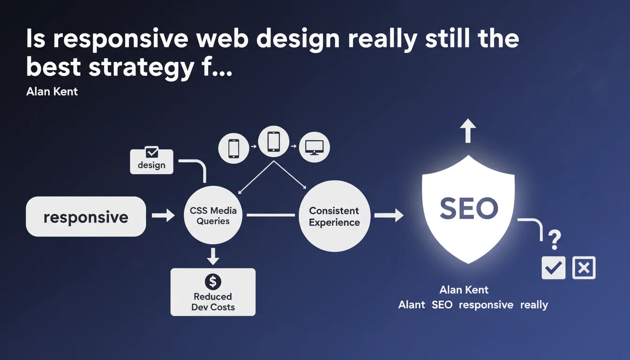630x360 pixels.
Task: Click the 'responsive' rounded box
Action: click(86, 216)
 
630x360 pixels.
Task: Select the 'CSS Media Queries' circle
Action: click(213, 215)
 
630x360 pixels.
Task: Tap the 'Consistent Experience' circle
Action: click(334, 216)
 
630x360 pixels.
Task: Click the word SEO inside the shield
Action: click(469, 209)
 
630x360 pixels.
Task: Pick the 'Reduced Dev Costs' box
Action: click(213, 292)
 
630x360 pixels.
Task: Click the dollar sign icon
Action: click(213, 282)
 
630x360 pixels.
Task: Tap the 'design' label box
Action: click(151, 162)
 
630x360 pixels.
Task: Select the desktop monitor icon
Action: click(314, 147)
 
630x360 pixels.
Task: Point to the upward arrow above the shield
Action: click(468, 130)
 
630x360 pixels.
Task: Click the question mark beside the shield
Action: click(555, 240)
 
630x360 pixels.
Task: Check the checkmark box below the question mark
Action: click(554, 268)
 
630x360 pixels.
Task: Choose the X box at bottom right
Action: click(584, 268)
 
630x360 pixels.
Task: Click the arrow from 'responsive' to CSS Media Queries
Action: click(163, 216)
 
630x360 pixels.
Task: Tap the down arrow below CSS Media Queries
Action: click(213, 256)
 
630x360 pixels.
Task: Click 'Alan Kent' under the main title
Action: click(52, 92)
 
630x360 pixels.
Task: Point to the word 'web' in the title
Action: click(222, 38)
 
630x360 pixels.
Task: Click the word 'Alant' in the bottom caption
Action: click(412, 305)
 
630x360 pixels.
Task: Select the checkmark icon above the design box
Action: click(152, 152)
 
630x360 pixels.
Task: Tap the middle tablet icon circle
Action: click(274, 141)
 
